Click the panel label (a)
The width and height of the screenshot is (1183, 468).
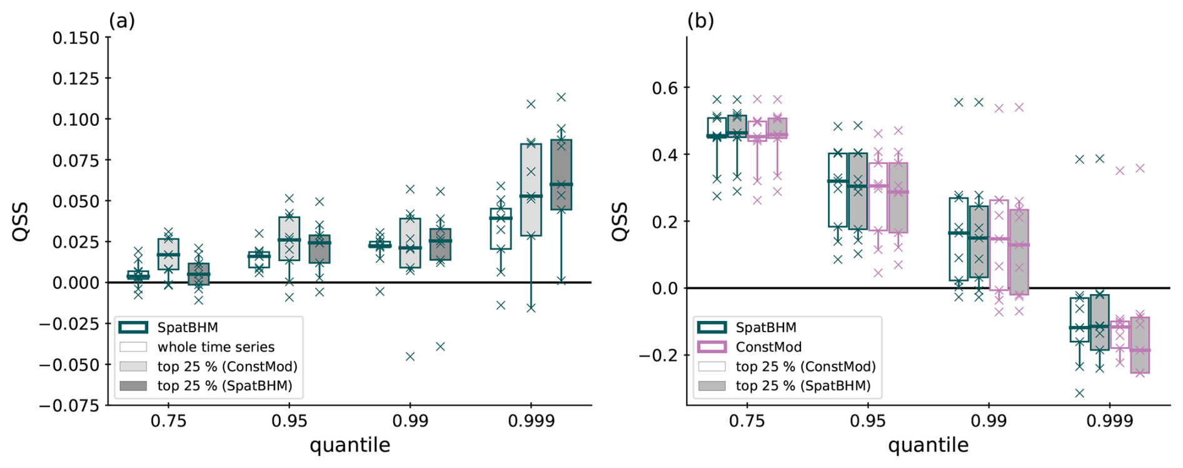tap(122, 21)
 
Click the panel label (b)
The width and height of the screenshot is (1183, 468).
tap(700, 21)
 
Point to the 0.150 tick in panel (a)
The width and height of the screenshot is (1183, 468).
tap(76, 38)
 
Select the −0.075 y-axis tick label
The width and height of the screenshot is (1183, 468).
tap(69, 405)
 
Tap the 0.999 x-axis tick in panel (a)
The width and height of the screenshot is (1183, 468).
tap(531, 421)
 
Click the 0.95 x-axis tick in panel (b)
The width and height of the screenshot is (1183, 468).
tap(868, 421)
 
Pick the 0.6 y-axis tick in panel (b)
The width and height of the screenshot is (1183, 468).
tap(665, 88)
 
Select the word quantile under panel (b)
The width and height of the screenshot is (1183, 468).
tap(928, 445)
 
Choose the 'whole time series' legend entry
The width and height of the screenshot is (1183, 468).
tap(216, 347)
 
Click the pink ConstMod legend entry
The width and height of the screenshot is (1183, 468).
tap(768, 347)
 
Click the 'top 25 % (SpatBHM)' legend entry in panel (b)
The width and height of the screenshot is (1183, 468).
tap(803, 385)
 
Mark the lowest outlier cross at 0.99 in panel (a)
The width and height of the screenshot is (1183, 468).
tap(410, 357)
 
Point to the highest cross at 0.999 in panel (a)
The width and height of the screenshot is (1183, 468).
tap(561, 97)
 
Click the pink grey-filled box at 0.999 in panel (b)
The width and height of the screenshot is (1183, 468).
tap(1140, 344)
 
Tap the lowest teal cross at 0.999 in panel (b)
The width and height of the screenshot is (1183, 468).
tap(1079, 393)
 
